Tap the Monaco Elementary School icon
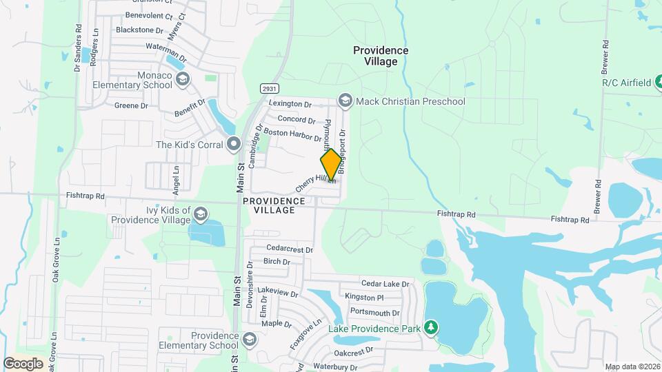pyautogui.click(x=182, y=79)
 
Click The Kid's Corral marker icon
pyautogui.click(x=234, y=145)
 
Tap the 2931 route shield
pyautogui.click(x=269, y=89)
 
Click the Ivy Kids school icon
pyautogui.click(x=201, y=214)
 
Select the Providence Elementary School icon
pyautogui.click(x=249, y=339)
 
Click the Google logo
pyautogui.click(x=23, y=363)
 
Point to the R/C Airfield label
pyautogui.click(x=626, y=83)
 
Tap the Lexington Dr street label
pyautogui.click(x=290, y=103)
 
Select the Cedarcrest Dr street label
pyautogui.click(x=290, y=249)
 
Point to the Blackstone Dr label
pyautogui.click(x=139, y=30)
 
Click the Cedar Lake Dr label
pyautogui.click(x=385, y=284)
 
